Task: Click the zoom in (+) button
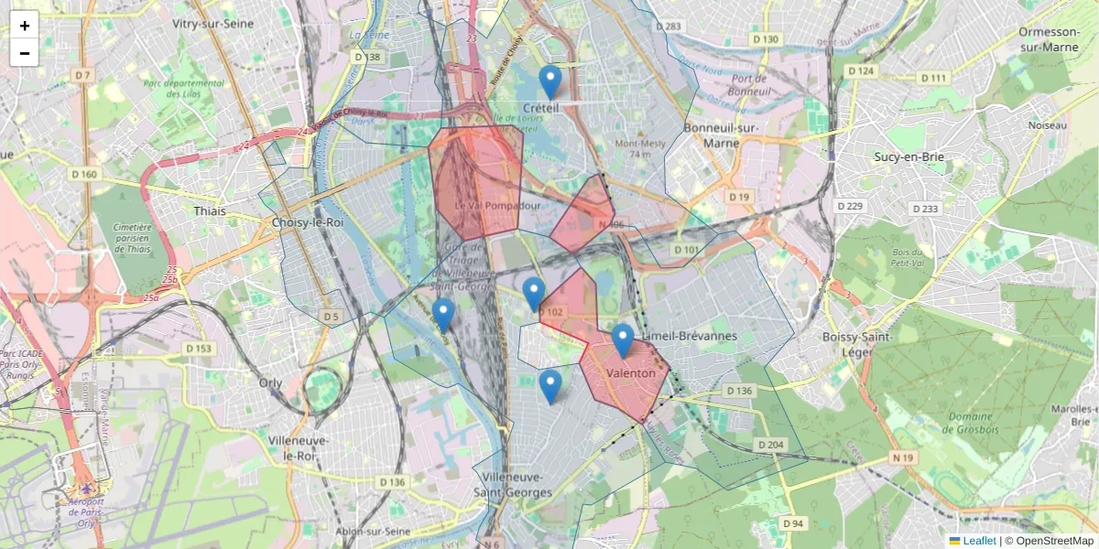tap(25, 26)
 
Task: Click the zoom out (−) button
tap(25, 53)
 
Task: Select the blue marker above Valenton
tap(623, 340)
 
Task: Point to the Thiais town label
tap(210, 210)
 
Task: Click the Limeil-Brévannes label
tap(690, 336)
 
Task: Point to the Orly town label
tap(270, 383)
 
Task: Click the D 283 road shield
tap(669, 27)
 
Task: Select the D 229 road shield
tap(851, 206)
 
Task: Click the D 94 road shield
tap(793, 523)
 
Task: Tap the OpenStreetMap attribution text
tap(1054, 541)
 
